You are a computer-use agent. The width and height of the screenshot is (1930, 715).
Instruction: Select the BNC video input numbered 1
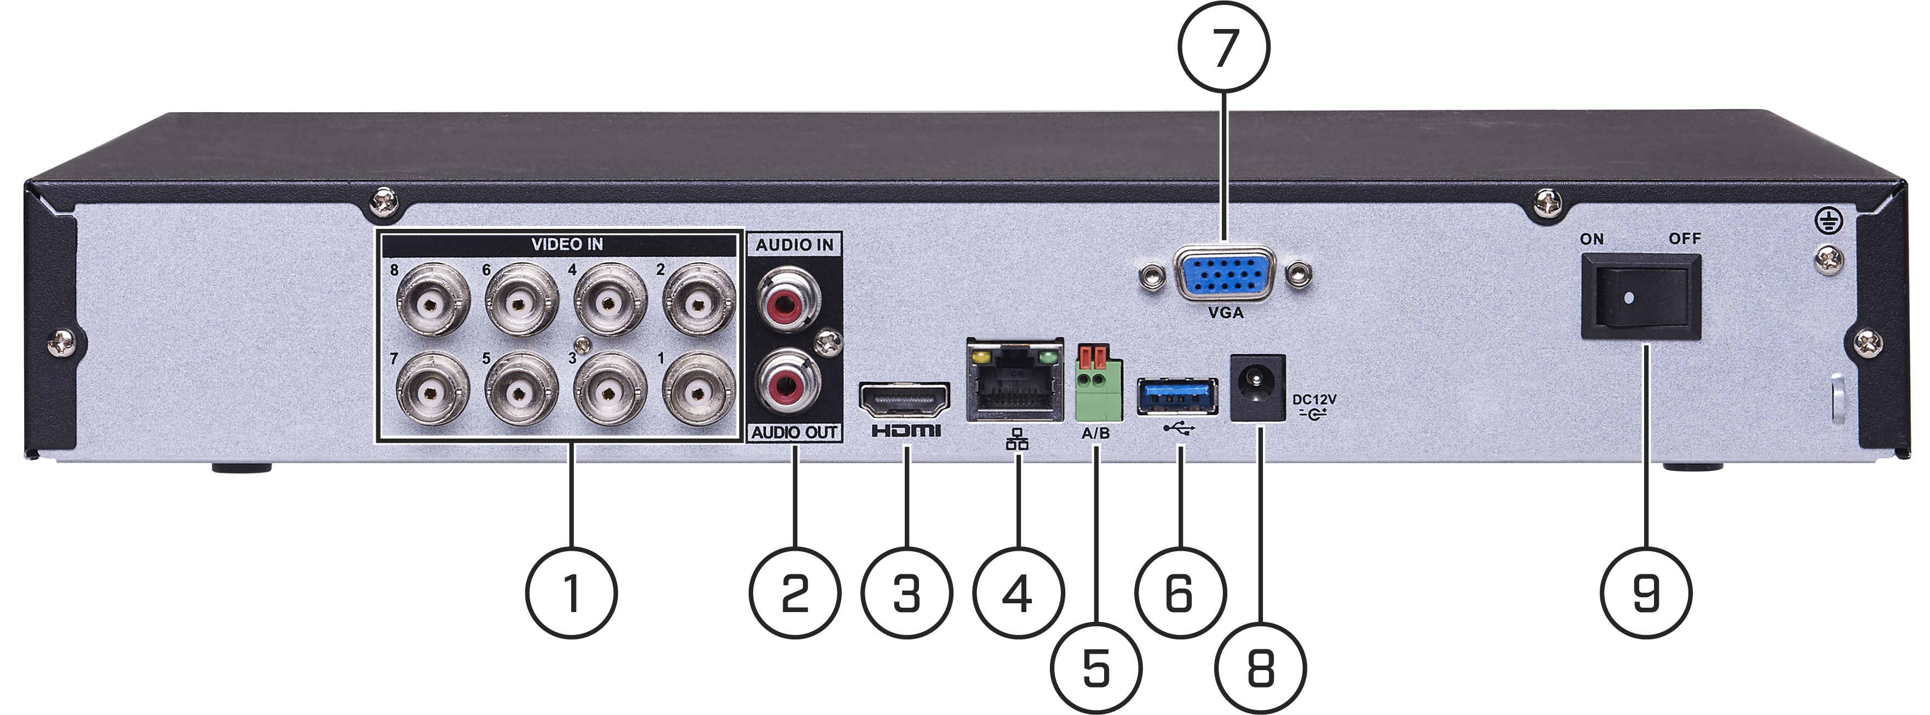pyautogui.click(x=699, y=389)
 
